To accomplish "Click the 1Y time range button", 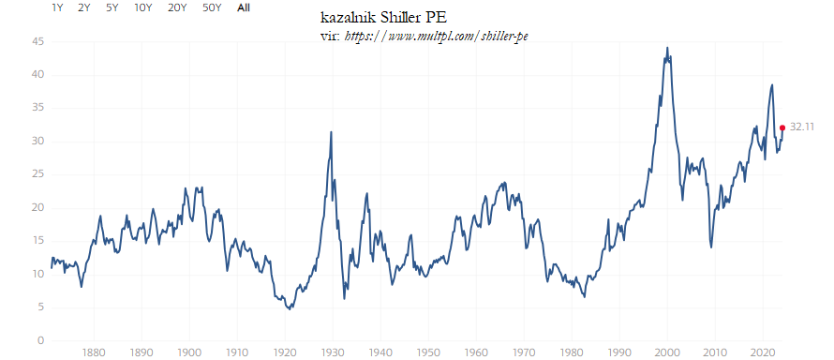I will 57,7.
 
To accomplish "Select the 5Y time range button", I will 112,7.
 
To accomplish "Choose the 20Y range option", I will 176,7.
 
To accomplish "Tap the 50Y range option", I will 212,7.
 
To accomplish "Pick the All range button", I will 244,7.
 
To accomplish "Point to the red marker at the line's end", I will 782,127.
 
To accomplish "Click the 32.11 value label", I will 802,126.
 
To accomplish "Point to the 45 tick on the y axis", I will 37,41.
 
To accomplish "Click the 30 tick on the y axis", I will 37,142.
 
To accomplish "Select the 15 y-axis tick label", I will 37,241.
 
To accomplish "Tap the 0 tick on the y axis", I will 40,340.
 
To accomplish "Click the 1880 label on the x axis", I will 93,352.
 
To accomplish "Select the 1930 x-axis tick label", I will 332,352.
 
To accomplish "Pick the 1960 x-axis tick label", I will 475,352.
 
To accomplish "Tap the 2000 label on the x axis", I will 666,352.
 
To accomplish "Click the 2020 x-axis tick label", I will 762,352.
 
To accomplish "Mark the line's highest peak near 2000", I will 667,48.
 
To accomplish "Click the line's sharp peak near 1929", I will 331,132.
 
